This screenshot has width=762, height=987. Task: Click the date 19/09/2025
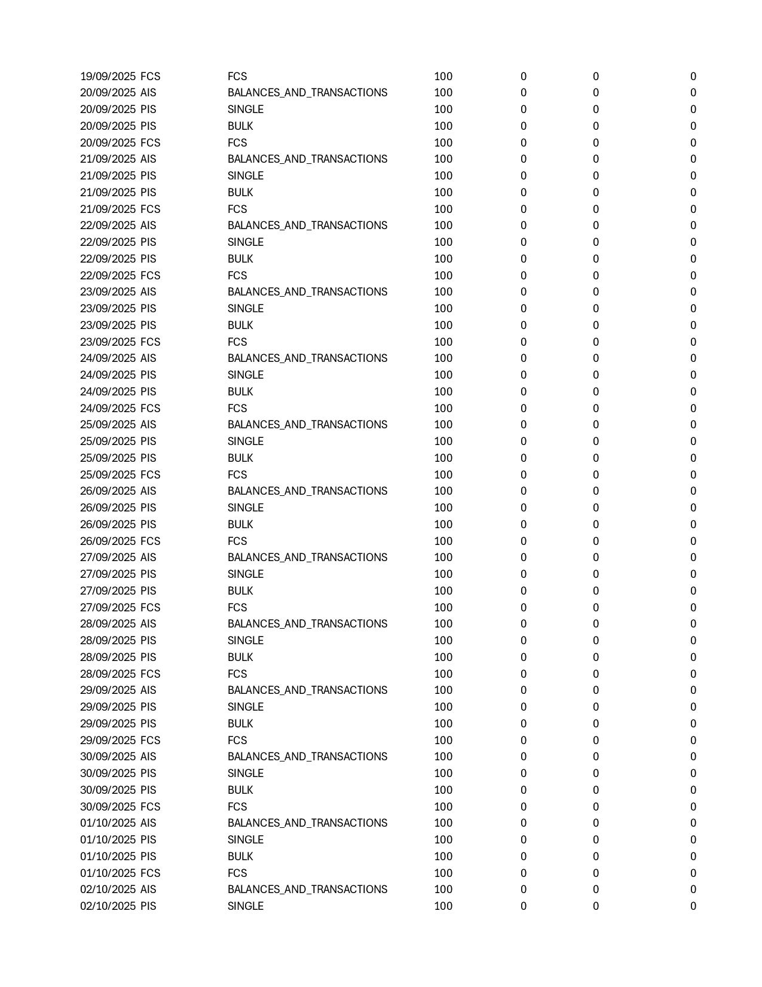[108, 77]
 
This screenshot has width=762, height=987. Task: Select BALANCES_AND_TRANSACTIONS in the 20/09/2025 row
[307, 93]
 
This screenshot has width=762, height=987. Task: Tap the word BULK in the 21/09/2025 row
[240, 193]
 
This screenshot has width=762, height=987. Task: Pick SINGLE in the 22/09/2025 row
[246, 242]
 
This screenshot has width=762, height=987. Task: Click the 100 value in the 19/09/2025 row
[443, 77]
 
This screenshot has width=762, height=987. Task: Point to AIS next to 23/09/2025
[148, 292]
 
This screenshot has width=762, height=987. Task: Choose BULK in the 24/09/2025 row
[240, 392]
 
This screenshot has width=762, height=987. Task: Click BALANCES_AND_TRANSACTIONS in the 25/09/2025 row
[307, 425]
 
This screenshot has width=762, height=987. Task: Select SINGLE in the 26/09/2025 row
[246, 508]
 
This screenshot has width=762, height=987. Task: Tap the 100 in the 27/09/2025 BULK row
[443, 591]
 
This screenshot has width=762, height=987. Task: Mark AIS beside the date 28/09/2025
[148, 624]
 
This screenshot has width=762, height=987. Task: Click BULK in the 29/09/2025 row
[240, 724]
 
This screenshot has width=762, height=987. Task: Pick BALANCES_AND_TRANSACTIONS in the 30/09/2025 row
[307, 757]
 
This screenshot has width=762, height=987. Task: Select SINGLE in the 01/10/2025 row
[246, 840]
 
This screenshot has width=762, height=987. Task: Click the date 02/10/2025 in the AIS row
[108, 889]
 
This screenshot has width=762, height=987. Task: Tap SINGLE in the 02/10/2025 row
[246, 906]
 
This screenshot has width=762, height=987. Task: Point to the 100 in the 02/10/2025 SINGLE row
[443, 906]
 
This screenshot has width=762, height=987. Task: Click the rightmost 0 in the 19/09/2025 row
[693, 77]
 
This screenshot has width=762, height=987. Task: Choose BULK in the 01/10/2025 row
[240, 857]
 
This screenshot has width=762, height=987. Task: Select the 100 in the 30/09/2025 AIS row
[443, 757]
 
